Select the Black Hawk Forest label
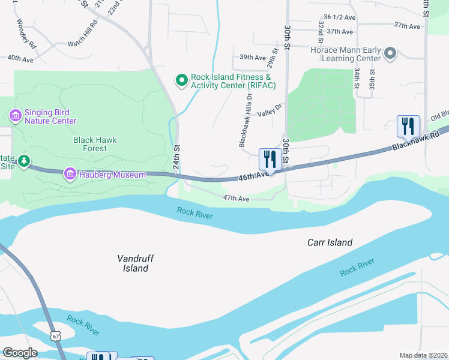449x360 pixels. point(95,144)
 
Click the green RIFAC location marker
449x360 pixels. point(180,80)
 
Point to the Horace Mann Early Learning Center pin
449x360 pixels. point(390,54)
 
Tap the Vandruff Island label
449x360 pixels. point(136,263)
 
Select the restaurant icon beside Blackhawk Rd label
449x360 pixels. point(408,127)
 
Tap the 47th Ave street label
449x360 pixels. point(236,198)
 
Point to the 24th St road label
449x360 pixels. point(177,156)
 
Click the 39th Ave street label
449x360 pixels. point(252,58)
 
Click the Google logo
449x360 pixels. point(20,352)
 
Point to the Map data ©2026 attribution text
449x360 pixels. point(423,355)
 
